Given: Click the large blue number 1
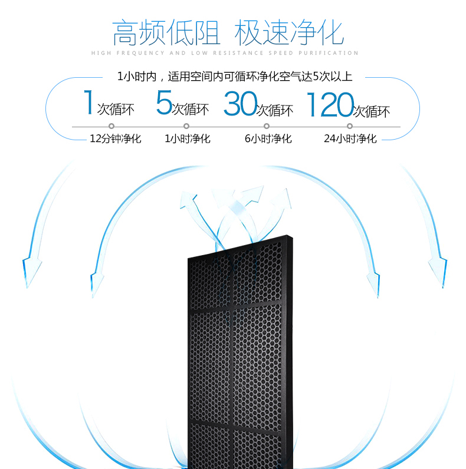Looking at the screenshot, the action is pyautogui.click(x=87, y=103).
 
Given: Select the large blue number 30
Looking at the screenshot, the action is pyautogui.click(x=239, y=105).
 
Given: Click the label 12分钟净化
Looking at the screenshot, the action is pyautogui.click(x=116, y=139).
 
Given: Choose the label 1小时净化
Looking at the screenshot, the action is pyautogui.click(x=188, y=139).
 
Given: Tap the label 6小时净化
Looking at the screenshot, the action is pyautogui.click(x=268, y=139).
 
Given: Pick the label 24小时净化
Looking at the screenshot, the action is pyautogui.click(x=350, y=139).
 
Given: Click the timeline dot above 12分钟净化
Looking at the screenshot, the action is pyautogui.click(x=111, y=126).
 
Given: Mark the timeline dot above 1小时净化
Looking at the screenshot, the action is pyautogui.click(x=186, y=126).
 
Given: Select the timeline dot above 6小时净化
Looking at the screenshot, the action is pyautogui.click(x=267, y=126).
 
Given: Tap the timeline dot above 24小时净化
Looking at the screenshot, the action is pyautogui.click(x=350, y=126).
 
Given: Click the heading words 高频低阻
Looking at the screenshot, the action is pyautogui.click(x=166, y=32).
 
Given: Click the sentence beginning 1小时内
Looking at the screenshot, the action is pyautogui.click(x=235, y=77).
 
